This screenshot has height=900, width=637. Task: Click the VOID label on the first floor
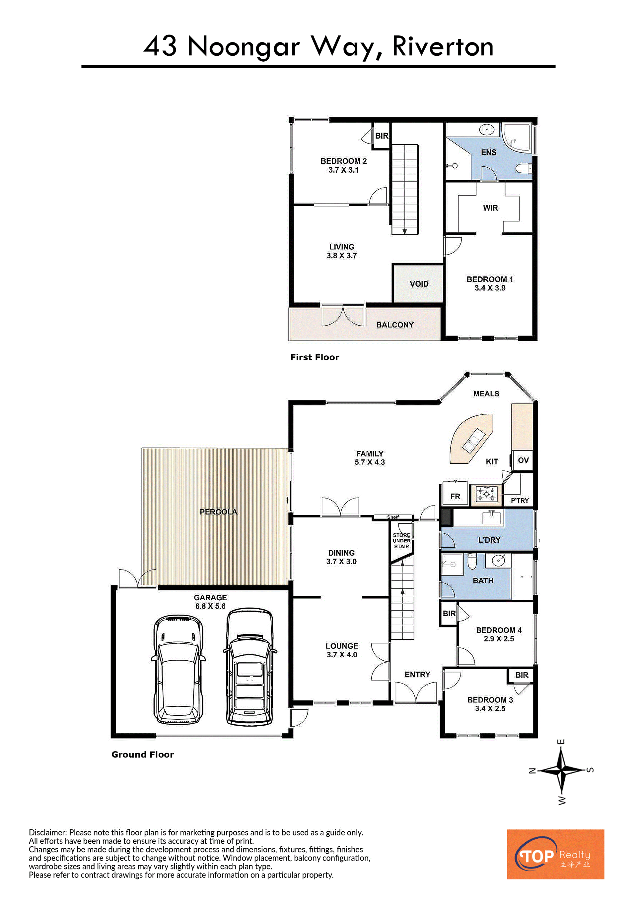point(419,284)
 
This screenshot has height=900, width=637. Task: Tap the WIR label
point(490,208)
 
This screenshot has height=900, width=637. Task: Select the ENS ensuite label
point(488,152)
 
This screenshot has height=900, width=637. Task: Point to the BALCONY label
point(394,325)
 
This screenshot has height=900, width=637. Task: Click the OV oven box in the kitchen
point(523,460)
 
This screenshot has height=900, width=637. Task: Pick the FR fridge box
point(455,495)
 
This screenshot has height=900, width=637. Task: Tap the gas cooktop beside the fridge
point(486,495)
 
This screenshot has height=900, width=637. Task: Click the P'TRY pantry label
point(520,501)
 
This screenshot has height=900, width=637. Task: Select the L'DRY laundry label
point(489,540)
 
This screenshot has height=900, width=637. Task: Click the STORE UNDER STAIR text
point(402,541)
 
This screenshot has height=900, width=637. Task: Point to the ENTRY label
point(417,674)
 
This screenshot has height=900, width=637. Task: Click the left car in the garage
point(178,670)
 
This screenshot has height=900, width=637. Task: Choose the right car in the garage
point(249,666)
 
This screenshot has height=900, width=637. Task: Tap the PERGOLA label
point(219,512)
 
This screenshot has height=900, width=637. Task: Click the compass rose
point(562,770)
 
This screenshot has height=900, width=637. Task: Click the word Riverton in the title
point(443,47)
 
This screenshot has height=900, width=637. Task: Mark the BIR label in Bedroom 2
point(382,136)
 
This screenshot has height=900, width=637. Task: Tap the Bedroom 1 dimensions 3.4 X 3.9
point(490,288)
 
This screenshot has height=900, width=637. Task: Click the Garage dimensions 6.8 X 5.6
point(210,606)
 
